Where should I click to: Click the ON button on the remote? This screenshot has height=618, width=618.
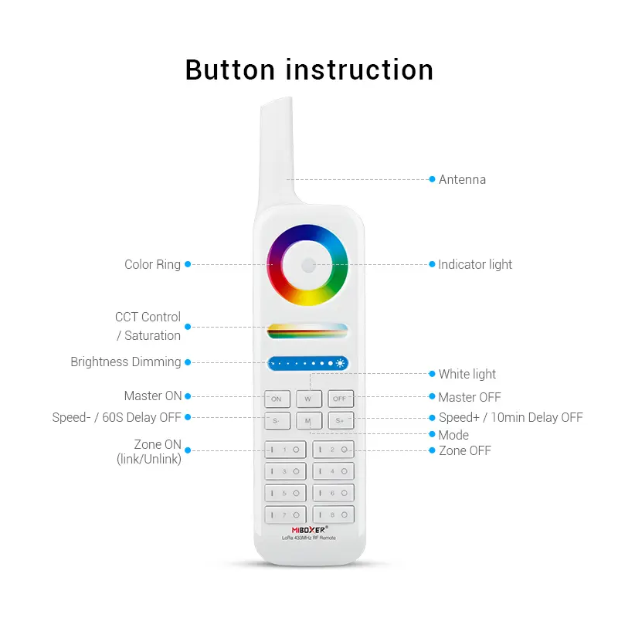[x=277, y=399]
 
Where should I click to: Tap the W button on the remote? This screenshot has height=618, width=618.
[x=308, y=399]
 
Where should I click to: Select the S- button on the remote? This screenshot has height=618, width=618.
[x=277, y=420]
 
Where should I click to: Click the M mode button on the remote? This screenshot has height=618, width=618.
[x=308, y=420]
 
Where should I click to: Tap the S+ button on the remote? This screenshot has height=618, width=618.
[x=341, y=420]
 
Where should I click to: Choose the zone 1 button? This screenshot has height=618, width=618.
[x=285, y=450]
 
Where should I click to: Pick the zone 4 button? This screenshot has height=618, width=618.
[x=333, y=471]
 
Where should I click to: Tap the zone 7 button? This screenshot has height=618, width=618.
[x=285, y=514]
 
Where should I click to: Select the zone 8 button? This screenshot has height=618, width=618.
[x=333, y=514]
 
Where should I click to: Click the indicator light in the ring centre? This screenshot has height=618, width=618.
[x=308, y=265]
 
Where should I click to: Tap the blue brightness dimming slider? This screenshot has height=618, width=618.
[x=307, y=363]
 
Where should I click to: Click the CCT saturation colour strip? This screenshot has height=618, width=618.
[x=307, y=331]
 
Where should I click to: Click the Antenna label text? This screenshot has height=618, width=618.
[x=462, y=180]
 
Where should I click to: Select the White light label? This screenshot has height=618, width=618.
[x=467, y=374]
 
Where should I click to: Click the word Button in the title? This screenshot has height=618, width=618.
[x=230, y=70]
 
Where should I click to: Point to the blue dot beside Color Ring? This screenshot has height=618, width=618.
[x=188, y=264]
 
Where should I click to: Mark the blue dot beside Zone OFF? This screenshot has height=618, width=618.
[x=432, y=450]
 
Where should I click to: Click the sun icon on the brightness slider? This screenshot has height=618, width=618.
[x=340, y=363]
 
